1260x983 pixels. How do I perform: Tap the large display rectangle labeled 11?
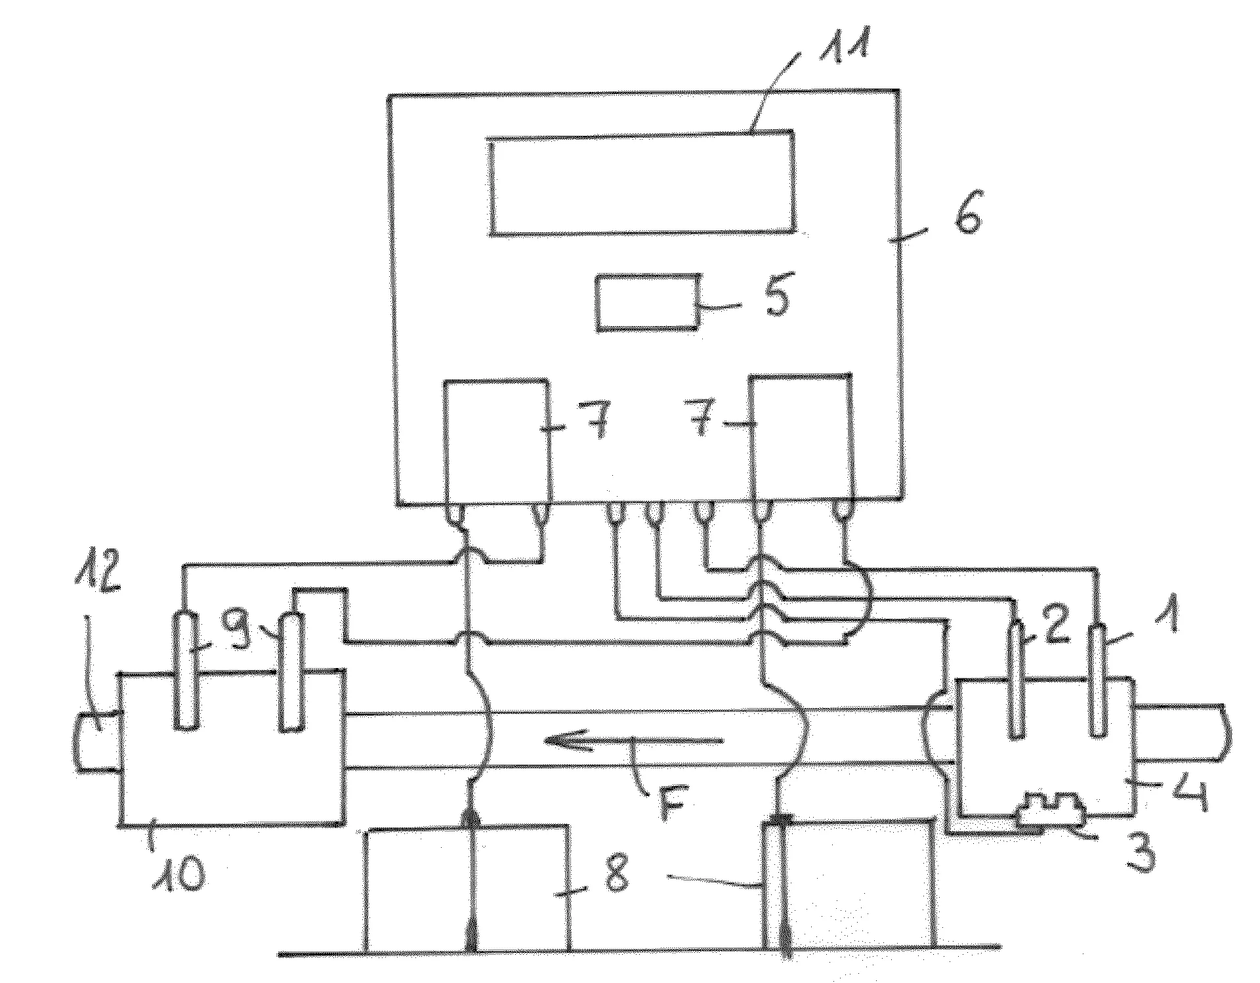tap(642, 182)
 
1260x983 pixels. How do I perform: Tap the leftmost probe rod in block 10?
tap(185, 670)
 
